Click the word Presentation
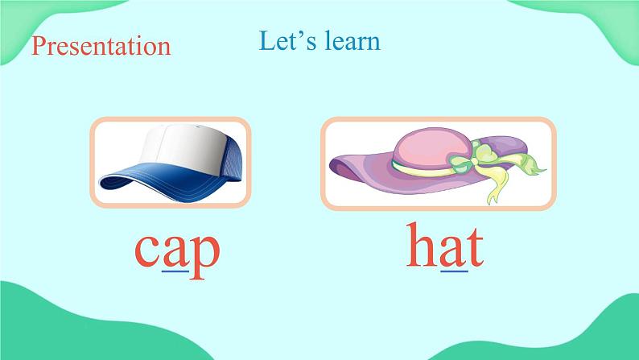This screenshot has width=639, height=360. pos(101,46)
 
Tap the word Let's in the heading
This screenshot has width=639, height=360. pos(287,41)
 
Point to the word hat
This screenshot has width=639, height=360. pos(445,245)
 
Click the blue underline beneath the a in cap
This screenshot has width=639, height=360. pos(175,271)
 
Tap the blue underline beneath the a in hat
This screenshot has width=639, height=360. pos(455,271)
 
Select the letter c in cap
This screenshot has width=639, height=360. pos(147,250)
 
